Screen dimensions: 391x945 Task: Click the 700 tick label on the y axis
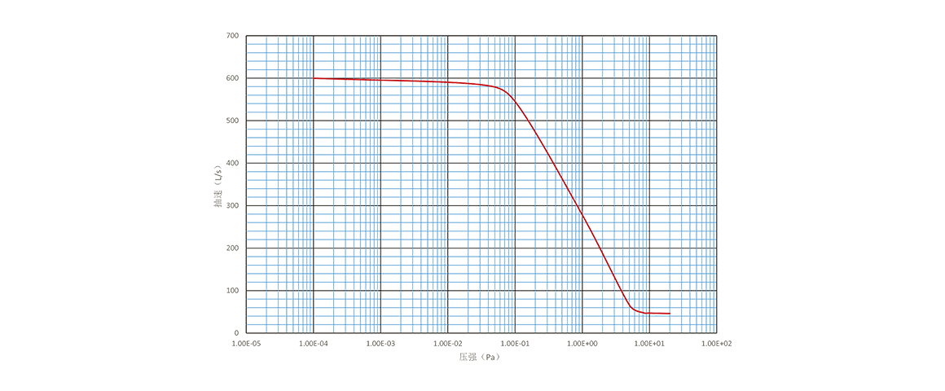[233, 36]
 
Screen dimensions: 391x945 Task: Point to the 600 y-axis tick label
[233, 78]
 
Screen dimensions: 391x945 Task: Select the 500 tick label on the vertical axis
[233, 121]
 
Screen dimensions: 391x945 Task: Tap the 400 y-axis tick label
[233, 163]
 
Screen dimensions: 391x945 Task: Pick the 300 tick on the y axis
[233, 206]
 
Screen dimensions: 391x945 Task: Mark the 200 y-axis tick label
[233, 248]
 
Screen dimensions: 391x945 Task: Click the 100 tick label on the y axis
[233, 291]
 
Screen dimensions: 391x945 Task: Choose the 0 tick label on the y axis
[236, 333]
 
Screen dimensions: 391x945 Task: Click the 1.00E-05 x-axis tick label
[246, 344]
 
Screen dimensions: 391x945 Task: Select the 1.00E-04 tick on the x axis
[314, 344]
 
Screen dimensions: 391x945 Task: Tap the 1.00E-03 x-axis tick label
[380, 344]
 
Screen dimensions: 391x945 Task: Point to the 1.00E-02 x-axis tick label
[448, 344]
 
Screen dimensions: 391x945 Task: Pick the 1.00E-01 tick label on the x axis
[515, 344]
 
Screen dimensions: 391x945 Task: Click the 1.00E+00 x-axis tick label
[582, 344]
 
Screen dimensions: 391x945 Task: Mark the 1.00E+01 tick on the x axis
[649, 344]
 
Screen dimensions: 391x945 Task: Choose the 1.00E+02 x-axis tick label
[716, 344]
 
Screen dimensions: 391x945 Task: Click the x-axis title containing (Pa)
[481, 356]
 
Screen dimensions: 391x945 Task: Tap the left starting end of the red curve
[314, 78]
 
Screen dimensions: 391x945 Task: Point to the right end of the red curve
[670, 313]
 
